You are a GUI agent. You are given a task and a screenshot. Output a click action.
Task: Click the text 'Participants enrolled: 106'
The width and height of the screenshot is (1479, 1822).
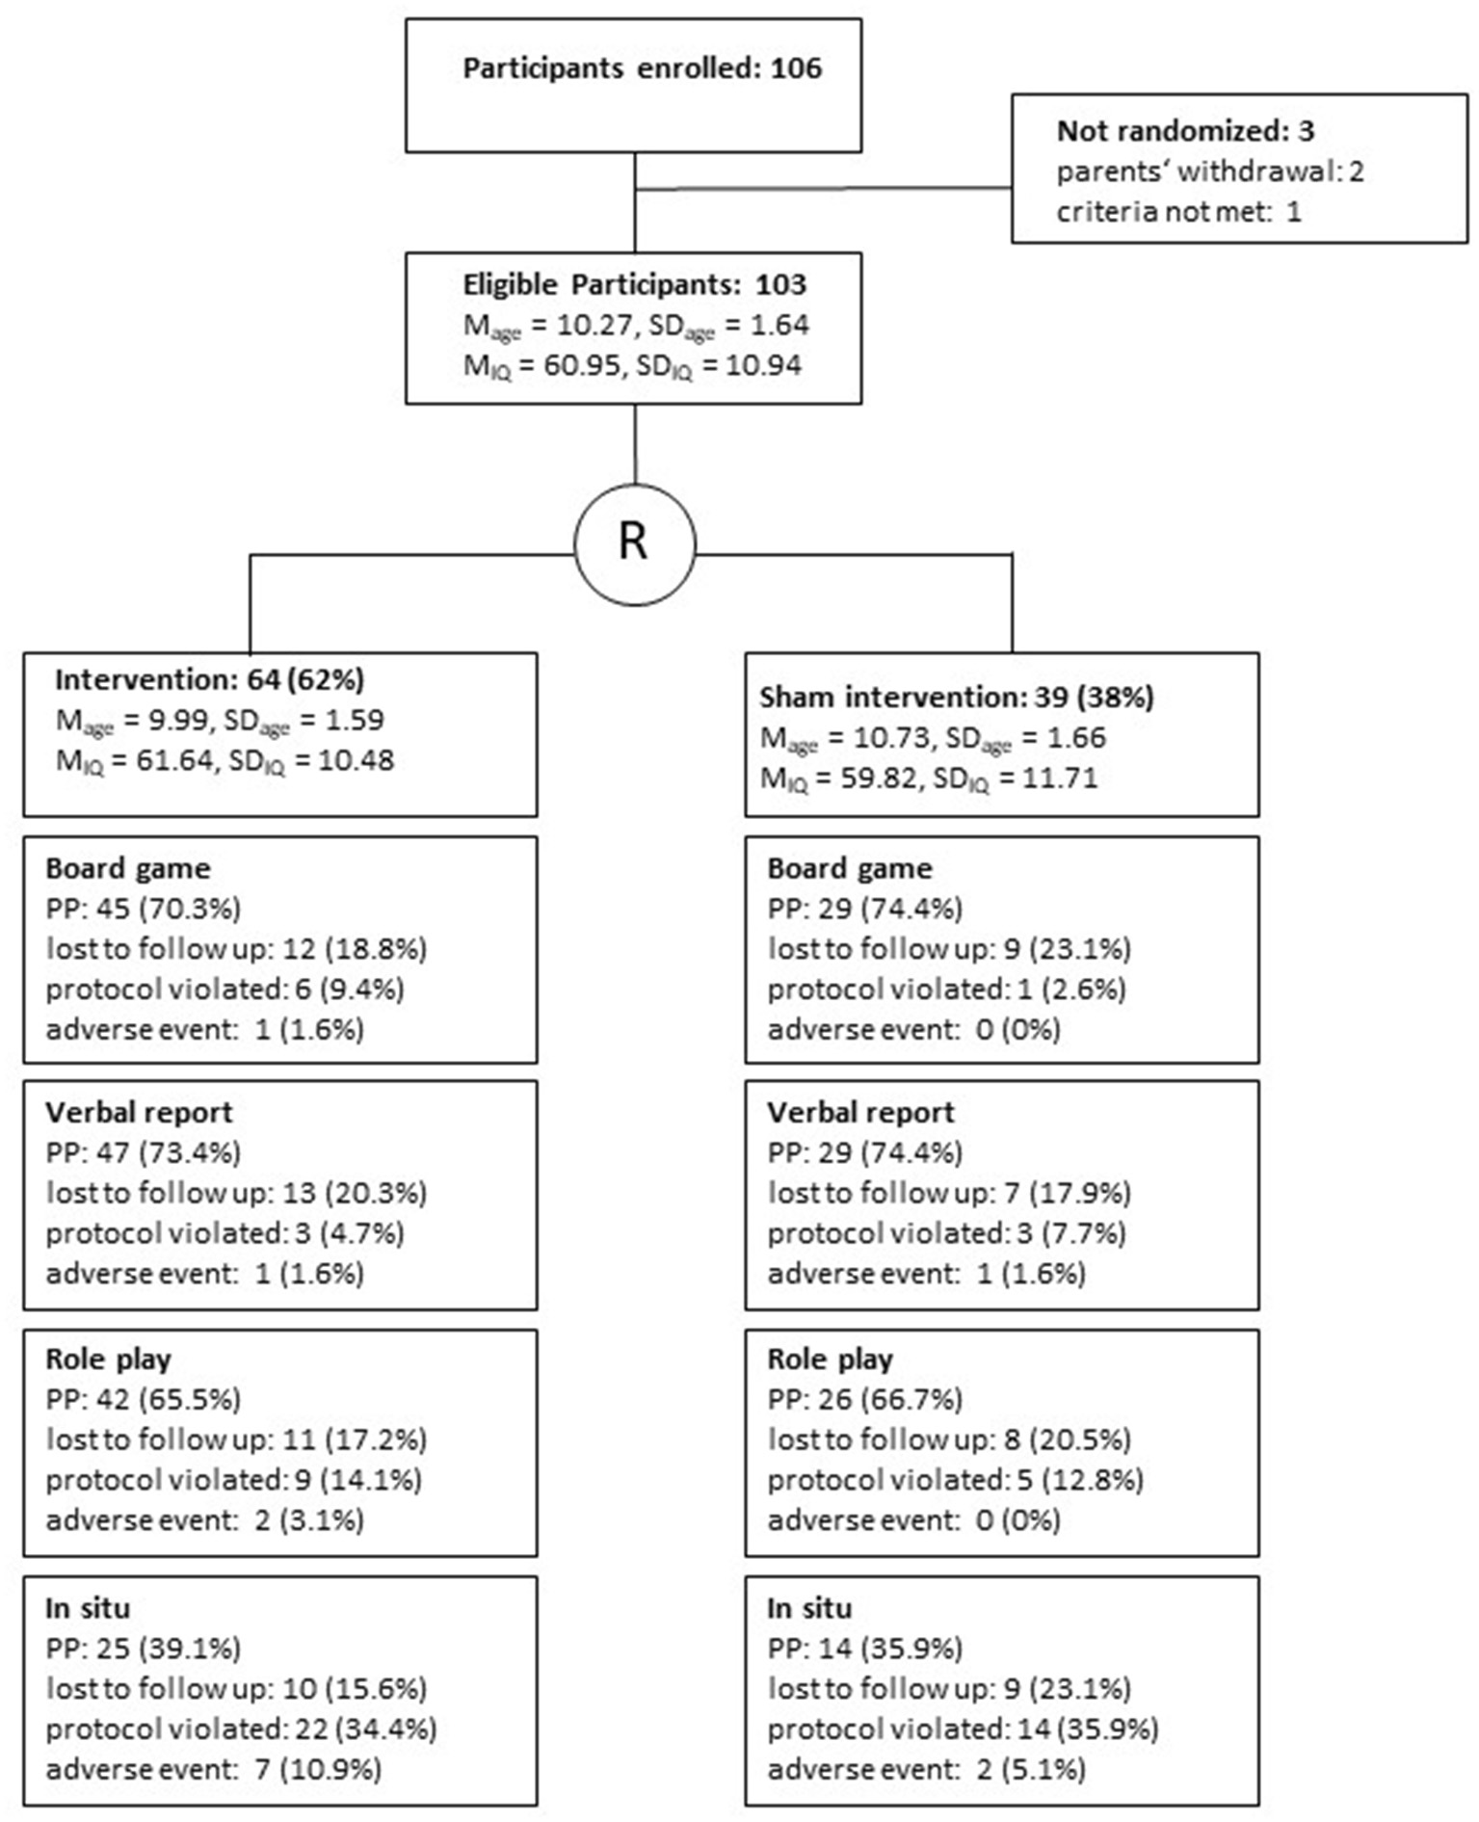642,68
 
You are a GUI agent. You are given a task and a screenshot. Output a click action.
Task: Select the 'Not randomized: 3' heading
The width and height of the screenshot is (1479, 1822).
1184,131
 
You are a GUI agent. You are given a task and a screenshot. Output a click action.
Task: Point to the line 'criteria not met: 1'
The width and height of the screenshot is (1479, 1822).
1177,211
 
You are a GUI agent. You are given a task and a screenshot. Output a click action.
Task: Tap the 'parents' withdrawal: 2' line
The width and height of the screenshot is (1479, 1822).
1209,172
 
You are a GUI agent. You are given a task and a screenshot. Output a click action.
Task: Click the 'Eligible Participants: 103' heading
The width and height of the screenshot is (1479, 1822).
634,285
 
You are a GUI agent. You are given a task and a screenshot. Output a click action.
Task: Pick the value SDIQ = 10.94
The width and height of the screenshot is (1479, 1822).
719,366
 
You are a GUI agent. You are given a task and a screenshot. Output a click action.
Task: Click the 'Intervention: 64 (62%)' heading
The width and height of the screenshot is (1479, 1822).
209,680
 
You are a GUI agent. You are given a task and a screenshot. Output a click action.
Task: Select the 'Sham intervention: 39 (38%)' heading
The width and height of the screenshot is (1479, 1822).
956,698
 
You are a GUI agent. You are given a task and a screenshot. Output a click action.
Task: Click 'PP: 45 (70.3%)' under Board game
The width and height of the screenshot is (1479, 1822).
143,909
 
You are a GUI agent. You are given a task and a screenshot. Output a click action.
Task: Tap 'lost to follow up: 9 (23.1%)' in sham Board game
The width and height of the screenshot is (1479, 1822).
948,949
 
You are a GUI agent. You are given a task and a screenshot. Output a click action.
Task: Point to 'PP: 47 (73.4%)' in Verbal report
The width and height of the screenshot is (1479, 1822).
143,1152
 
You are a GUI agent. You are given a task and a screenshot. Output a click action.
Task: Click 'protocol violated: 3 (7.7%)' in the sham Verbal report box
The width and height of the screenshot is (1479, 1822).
945,1233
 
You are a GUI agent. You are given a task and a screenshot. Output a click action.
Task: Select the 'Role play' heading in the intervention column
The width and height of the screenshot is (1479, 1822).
108,1360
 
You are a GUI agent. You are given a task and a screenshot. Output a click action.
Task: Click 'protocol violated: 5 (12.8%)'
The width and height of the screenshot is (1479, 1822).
954,1480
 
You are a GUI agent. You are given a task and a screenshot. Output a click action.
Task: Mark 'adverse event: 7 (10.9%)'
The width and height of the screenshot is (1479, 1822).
213,1770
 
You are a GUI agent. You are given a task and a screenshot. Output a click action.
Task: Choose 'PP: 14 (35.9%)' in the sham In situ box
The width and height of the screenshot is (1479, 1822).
864,1649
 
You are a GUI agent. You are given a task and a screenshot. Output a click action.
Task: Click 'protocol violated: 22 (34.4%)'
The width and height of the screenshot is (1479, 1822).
240,1730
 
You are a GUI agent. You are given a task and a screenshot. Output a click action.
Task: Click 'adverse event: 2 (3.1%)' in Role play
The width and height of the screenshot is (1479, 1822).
204,1520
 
